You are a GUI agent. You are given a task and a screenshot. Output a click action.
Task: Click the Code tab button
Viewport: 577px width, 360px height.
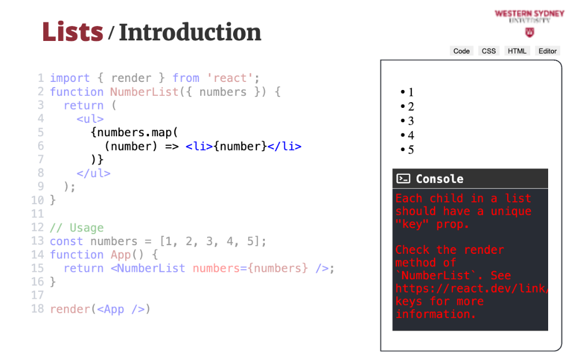point(462,51)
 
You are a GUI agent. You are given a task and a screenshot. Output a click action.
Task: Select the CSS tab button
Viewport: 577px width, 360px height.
point(489,51)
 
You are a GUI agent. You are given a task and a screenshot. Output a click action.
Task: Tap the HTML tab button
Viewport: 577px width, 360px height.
point(517,51)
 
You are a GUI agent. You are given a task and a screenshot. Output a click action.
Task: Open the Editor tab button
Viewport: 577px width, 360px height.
point(547,51)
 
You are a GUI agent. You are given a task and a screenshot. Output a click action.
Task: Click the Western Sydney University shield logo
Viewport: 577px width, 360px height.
point(530,33)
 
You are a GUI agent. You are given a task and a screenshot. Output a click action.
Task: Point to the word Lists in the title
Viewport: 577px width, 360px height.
point(73,32)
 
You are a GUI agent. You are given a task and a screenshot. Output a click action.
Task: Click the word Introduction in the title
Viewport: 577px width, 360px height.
point(190,32)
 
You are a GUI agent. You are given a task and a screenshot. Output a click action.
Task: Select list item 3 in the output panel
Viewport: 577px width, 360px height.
point(407,121)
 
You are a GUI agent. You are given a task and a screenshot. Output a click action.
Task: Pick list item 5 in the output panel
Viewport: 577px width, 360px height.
point(407,149)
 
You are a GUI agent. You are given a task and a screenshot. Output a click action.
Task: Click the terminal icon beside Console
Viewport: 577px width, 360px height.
point(403,178)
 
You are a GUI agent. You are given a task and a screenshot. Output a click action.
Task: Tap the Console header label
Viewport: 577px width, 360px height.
point(439,179)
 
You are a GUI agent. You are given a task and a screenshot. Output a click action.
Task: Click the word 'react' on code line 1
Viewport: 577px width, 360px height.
point(230,78)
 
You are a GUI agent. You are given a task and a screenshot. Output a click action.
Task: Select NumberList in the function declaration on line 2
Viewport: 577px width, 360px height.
point(144,92)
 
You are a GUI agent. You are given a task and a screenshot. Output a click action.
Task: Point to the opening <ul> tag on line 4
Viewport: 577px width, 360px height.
point(90,119)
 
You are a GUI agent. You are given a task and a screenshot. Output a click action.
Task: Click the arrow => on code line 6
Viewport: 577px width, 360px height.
point(171,147)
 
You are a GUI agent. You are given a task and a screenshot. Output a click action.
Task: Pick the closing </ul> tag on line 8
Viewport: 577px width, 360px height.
point(93,173)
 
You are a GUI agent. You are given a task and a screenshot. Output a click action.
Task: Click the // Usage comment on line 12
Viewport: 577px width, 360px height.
point(77,228)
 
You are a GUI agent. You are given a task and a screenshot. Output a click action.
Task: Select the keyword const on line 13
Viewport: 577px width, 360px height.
point(66,242)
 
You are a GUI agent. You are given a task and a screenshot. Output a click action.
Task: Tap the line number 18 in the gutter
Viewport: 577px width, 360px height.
point(38,309)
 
